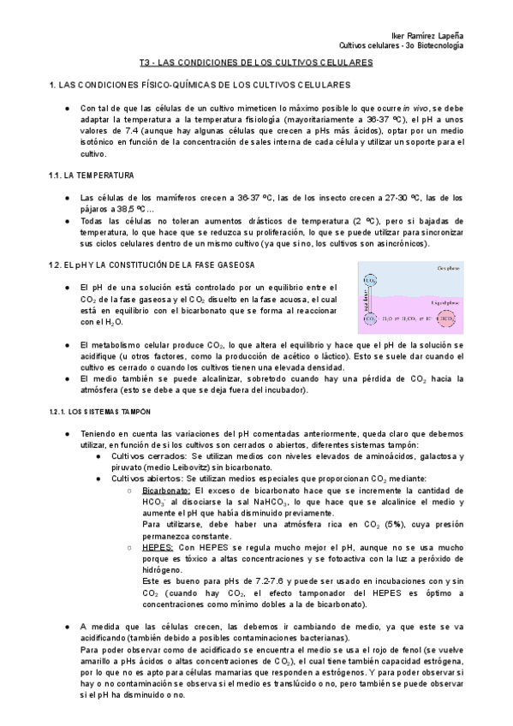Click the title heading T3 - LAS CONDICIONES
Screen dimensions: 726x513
tap(255, 63)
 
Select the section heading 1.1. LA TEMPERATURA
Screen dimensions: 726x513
tap(92, 176)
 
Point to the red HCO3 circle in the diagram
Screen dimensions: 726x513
tap(447, 319)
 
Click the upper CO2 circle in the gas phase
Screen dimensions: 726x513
tap(369, 280)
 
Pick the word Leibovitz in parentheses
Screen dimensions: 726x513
tap(208, 467)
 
